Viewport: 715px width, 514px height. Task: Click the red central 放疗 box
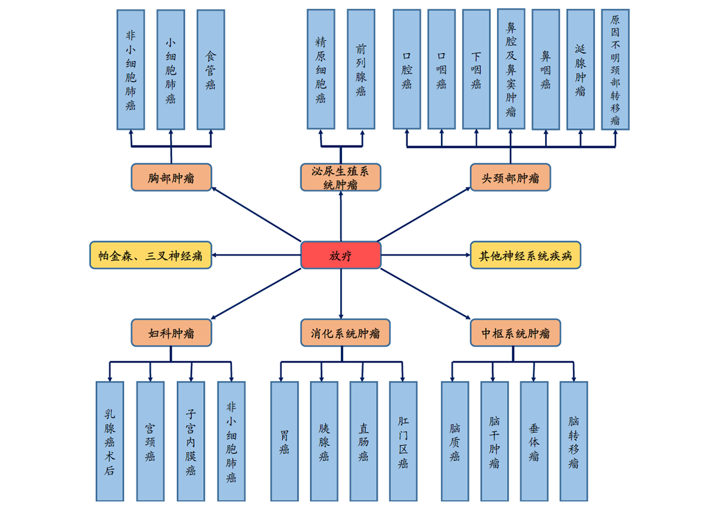[340, 255]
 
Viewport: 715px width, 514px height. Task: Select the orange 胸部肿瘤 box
[171, 178]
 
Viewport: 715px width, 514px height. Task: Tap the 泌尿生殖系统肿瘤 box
[340, 178]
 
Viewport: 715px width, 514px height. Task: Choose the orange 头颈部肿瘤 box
[510, 178]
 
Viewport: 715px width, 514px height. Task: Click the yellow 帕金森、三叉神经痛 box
[151, 255]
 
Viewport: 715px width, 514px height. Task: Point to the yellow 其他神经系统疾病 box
[525, 255]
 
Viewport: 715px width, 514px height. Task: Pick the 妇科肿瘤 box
[171, 333]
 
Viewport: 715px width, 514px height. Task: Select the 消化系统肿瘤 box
[346, 333]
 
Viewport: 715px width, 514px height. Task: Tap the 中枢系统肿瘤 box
[515, 333]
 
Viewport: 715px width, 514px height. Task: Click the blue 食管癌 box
[211, 69]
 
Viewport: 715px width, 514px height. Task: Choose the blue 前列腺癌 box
[361, 69]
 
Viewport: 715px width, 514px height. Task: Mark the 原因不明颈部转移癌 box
[615, 69]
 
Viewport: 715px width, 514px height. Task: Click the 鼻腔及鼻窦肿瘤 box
[511, 69]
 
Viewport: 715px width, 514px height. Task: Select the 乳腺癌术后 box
[110, 441]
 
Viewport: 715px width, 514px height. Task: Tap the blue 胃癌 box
[284, 441]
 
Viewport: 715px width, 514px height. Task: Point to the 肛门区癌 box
[403, 441]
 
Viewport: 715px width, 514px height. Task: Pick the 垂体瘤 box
[534, 441]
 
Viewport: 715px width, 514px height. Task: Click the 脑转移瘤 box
[574, 441]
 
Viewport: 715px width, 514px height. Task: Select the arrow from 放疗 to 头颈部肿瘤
[424, 214]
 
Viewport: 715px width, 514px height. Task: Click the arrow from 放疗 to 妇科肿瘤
[256, 294]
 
